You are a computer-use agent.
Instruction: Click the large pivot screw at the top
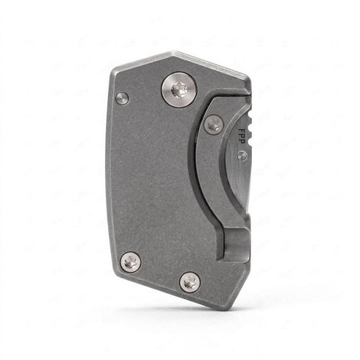pos(179,90)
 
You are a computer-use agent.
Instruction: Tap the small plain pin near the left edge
pos(122,98)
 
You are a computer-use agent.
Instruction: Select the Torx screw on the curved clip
pos(214,124)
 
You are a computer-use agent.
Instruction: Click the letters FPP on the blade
pos(242,136)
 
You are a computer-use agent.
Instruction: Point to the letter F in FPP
pos(242,131)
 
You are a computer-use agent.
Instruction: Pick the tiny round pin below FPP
pos(242,155)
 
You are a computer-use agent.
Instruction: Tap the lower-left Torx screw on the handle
pos(131,262)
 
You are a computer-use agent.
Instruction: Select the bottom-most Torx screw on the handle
pos(190,282)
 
